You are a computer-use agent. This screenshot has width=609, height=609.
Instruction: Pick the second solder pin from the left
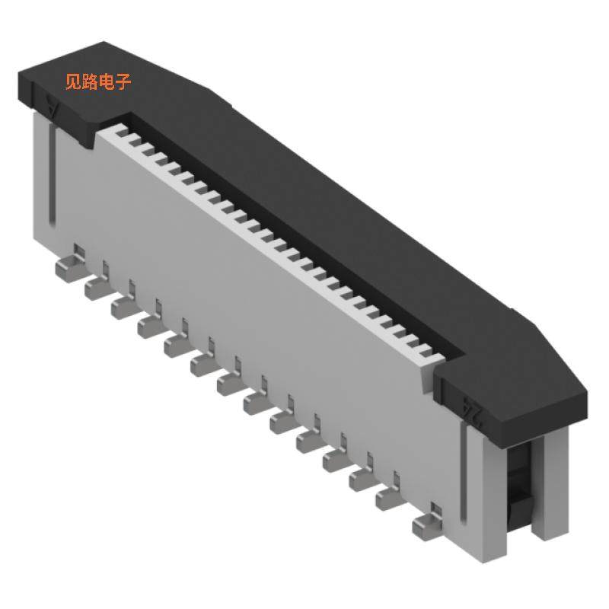[x=97, y=287]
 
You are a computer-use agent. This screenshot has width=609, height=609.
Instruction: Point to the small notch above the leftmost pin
[x=79, y=248]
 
